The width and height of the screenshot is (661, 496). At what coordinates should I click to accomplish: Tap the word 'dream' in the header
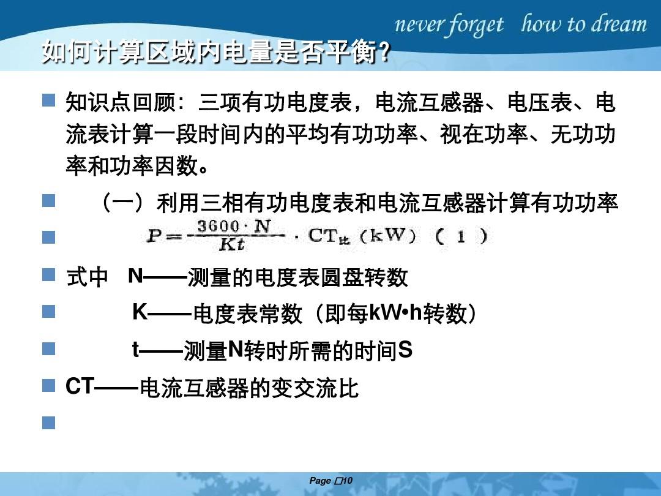click(x=619, y=24)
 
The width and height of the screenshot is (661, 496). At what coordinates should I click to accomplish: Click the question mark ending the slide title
click(x=384, y=52)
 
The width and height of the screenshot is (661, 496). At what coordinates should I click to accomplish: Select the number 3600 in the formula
click(x=218, y=226)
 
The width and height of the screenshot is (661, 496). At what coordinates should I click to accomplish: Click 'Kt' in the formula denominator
click(x=232, y=244)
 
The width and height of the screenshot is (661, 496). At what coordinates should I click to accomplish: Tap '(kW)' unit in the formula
click(x=389, y=235)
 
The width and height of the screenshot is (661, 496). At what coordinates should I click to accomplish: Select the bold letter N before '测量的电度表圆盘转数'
click(x=136, y=276)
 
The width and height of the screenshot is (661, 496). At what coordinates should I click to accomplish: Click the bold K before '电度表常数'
click(x=140, y=312)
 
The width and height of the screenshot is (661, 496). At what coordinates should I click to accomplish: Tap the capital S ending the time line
click(x=405, y=350)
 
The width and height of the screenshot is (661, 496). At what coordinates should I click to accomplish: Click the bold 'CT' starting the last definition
click(x=80, y=386)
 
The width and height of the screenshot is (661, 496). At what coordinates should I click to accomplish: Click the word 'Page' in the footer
click(x=320, y=481)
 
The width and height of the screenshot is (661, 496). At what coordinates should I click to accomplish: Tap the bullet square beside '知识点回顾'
click(x=48, y=100)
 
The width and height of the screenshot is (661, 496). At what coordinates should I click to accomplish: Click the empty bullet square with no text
click(x=48, y=423)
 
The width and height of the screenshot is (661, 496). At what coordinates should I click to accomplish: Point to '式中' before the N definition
click(x=88, y=277)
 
